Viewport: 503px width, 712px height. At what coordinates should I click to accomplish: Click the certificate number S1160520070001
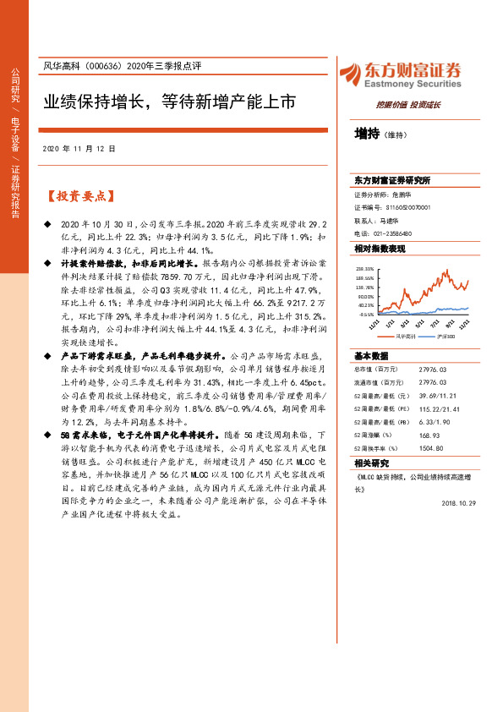coord(402,206)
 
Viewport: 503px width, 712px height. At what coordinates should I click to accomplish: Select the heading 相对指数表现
coord(380,249)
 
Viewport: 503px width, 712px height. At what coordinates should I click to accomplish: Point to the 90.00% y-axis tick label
coord(365,296)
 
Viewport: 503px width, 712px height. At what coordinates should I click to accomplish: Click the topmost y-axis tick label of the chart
coord(365,266)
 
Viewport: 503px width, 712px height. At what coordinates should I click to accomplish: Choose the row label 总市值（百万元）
coord(376,369)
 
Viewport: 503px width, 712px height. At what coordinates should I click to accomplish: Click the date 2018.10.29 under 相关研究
coord(457,526)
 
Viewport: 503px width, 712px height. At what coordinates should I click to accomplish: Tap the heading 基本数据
coord(371,355)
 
